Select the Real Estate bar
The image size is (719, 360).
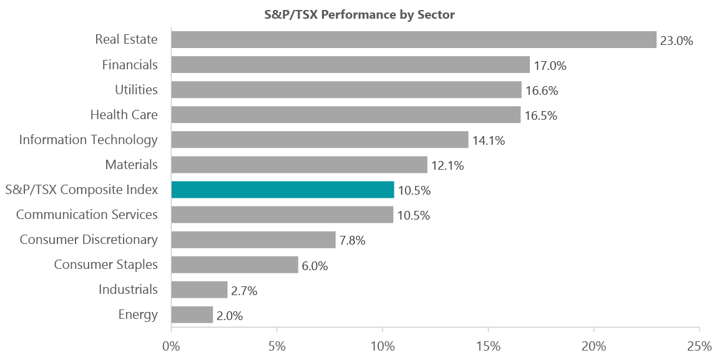click(x=413, y=40)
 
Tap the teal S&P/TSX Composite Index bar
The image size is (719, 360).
click(x=282, y=190)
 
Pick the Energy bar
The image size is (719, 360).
click(x=192, y=314)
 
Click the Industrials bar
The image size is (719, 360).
click(x=199, y=289)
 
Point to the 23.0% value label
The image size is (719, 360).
click(x=677, y=41)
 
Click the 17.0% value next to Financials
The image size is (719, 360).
click(x=550, y=66)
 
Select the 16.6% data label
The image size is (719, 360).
click(x=542, y=90)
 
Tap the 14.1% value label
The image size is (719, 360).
click(x=488, y=140)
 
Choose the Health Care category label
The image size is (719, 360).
click(x=124, y=115)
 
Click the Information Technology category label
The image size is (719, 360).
click(x=88, y=140)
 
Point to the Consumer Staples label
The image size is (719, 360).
click(x=105, y=265)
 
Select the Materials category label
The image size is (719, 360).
click(x=132, y=165)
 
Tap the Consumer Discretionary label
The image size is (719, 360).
click(x=89, y=240)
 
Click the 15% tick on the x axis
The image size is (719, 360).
click(x=488, y=346)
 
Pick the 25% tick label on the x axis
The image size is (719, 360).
click(x=700, y=346)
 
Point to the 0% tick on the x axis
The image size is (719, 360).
click(x=171, y=346)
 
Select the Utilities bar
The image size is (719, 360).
click(x=346, y=90)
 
